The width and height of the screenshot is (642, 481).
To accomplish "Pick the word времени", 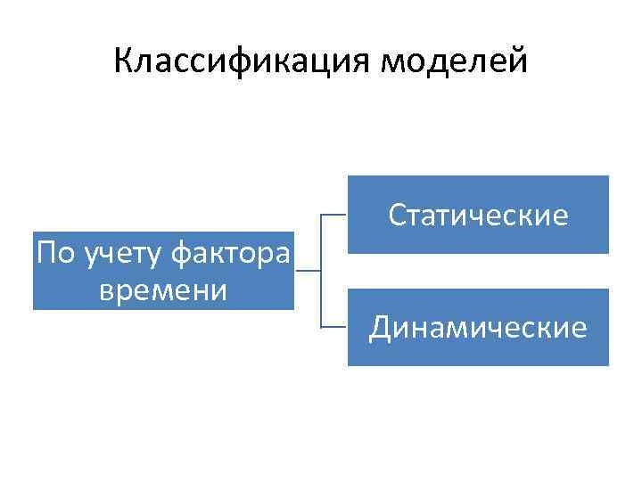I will pyautogui.click(x=163, y=289).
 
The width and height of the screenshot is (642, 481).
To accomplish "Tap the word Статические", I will pyautogui.click(x=478, y=216).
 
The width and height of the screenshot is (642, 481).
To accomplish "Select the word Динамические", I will pyautogui.click(x=478, y=329).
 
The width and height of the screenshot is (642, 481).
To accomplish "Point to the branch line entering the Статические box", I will pyautogui.click(x=333, y=215).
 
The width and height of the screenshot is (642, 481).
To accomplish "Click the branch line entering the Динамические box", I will pyautogui.click(x=333, y=327).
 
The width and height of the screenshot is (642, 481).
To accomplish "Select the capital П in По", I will pyautogui.click(x=45, y=255).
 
